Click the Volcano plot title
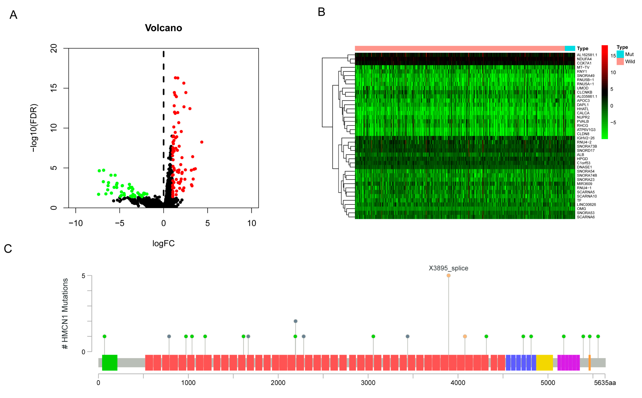pos(163,28)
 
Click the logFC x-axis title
pos(163,243)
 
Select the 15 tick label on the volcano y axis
pos(53,88)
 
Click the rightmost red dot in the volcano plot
pos(202,142)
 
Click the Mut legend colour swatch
pos(620,54)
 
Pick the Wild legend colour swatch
pos(620,62)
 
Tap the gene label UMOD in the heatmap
pos(583,88)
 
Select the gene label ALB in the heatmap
pos(580,155)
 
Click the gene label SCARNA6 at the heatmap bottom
pos(586,217)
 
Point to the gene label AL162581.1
pos(587,55)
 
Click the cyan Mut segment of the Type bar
pos(570,48)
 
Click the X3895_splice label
pos(448,268)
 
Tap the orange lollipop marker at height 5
pos(448,276)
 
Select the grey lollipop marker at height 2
pos(295,321)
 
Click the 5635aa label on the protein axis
pos(605,383)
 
